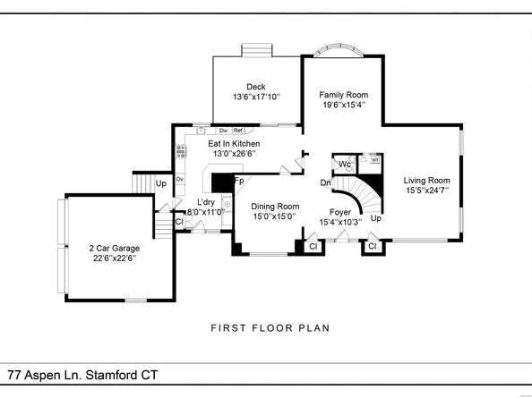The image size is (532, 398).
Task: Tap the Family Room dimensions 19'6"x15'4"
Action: [344, 105]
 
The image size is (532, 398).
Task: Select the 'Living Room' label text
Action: [425, 179]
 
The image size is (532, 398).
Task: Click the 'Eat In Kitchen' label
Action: [234, 142]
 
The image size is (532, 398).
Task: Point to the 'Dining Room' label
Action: [275, 205]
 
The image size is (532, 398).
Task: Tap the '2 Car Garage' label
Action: [113, 248]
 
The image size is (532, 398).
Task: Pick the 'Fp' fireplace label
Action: [239, 181]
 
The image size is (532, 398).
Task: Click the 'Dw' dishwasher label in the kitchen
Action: [221, 131]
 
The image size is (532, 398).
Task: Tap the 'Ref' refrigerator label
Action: [238, 131]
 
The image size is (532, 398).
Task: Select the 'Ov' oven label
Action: [180, 179]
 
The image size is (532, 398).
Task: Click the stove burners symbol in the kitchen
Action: [181, 152]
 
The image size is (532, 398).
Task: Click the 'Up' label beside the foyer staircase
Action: [376, 218]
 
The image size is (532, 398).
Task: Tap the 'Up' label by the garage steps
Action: [161, 184]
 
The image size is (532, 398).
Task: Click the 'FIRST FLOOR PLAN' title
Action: [270, 328]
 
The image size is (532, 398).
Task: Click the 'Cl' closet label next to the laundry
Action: [179, 221]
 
